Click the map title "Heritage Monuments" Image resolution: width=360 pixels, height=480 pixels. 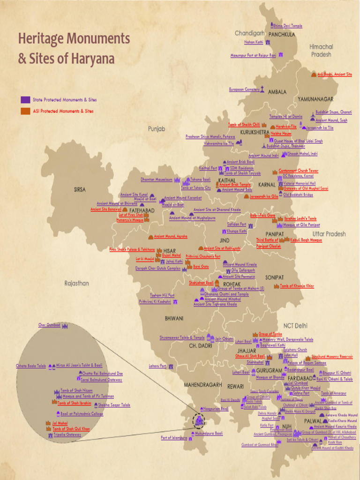click(x=74, y=38)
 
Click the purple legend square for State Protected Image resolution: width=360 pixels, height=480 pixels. click(x=25, y=100)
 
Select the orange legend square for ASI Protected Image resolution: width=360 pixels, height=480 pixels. click(x=25, y=111)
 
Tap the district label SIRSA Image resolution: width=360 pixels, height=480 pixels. click(x=80, y=190)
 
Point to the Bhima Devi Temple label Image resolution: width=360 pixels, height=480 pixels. click(x=287, y=26)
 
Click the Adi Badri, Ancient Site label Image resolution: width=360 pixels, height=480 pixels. click(x=335, y=75)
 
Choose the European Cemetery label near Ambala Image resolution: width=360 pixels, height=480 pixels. click(x=244, y=89)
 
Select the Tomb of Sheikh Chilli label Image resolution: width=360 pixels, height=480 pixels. click(x=244, y=125)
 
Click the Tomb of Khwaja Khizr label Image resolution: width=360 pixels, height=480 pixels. click(x=297, y=285)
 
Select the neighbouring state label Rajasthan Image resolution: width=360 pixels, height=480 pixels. click(x=76, y=283)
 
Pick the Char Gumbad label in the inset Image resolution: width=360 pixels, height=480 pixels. click(x=49, y=325)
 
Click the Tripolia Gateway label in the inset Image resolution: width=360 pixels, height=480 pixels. click(x=67, y=435)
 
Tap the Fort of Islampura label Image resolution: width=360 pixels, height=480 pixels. click(x=174, y=438)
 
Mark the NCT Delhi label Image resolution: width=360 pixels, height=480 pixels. click(x=295, y=325)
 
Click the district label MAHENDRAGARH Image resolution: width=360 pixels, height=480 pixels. click(x=202, y=384)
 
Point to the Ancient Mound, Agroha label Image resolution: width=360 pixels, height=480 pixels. click(x=171, y=236)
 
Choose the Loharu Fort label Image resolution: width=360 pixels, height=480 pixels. click(x=157, y=366)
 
